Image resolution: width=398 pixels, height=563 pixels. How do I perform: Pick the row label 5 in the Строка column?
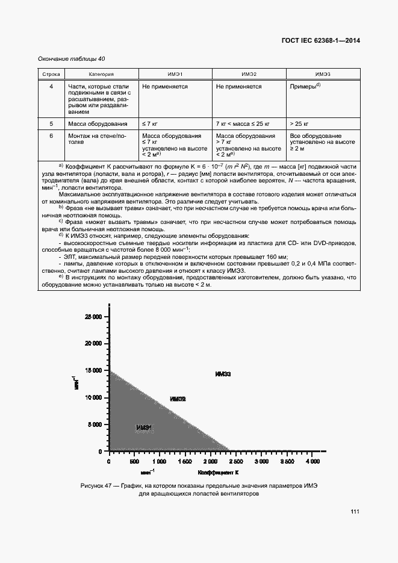click(x=51, y=123)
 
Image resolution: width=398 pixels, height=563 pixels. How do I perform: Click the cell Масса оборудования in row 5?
click(x=98, y=123)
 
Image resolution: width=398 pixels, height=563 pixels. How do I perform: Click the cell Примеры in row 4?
click(x=305, y=86)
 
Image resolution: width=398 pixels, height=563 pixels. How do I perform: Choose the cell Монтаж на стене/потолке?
click(x=96, y=140)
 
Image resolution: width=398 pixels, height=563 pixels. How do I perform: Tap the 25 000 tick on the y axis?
click(x=94, y=316)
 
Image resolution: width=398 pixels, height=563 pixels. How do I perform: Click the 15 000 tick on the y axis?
click(x=94, y=370)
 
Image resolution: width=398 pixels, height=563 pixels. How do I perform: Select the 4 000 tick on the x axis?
click(x=311, y=461)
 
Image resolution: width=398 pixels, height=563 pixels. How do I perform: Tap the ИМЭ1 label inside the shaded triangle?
click(x=143, y=428)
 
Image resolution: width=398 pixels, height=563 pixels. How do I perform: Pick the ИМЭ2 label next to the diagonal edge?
click(x=178, y=399)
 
